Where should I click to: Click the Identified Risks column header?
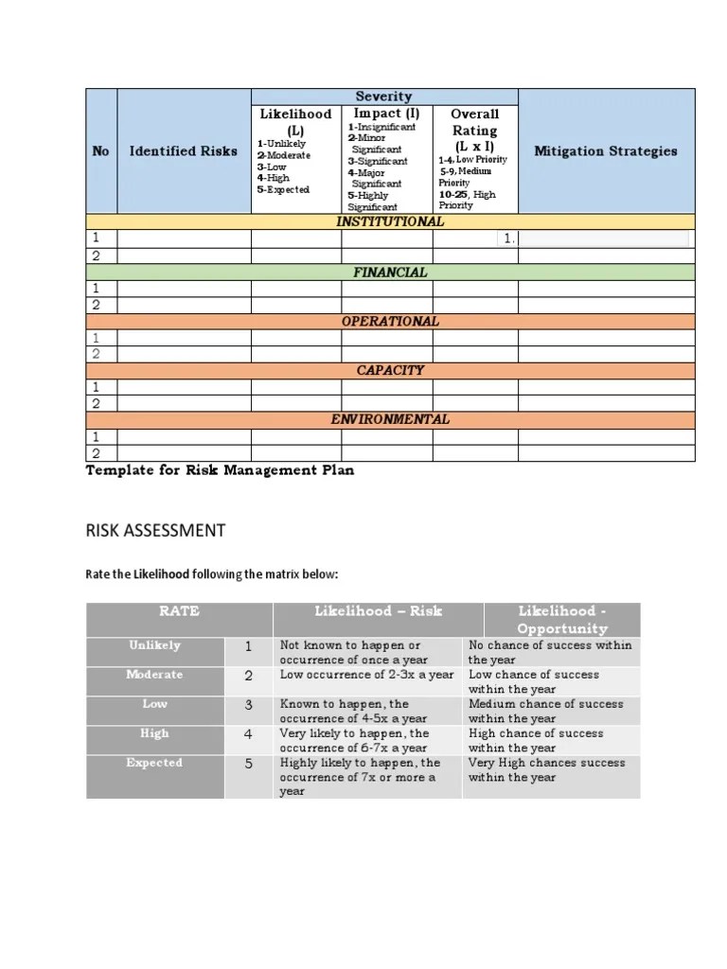pos(184,150)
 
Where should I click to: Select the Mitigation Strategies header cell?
pos(606,150)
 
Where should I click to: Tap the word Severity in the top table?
pos(383,96)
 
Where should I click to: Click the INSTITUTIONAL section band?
pos(390,221)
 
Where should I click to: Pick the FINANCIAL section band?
pos(390,272)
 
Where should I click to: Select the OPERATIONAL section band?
pos(390,321)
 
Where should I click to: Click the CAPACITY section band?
pos(390,370)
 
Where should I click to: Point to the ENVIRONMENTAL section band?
pos(390,419)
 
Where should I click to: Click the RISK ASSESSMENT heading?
pos(155,530)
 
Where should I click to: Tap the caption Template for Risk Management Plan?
pos(220,470)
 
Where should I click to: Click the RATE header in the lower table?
pos(180,611)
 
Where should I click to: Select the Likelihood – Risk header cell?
pos(378,611)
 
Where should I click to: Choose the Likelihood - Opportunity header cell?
pos(561,620)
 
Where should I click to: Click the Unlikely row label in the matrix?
pos(155,645)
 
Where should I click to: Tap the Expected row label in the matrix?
pos(155,763)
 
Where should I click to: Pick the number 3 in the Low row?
pos(249,705)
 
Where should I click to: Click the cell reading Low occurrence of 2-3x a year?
pos(367,675)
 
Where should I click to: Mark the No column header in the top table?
pos(100,150)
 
